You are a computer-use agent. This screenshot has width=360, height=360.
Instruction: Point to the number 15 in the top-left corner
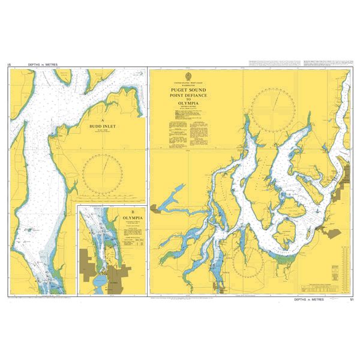9,64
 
